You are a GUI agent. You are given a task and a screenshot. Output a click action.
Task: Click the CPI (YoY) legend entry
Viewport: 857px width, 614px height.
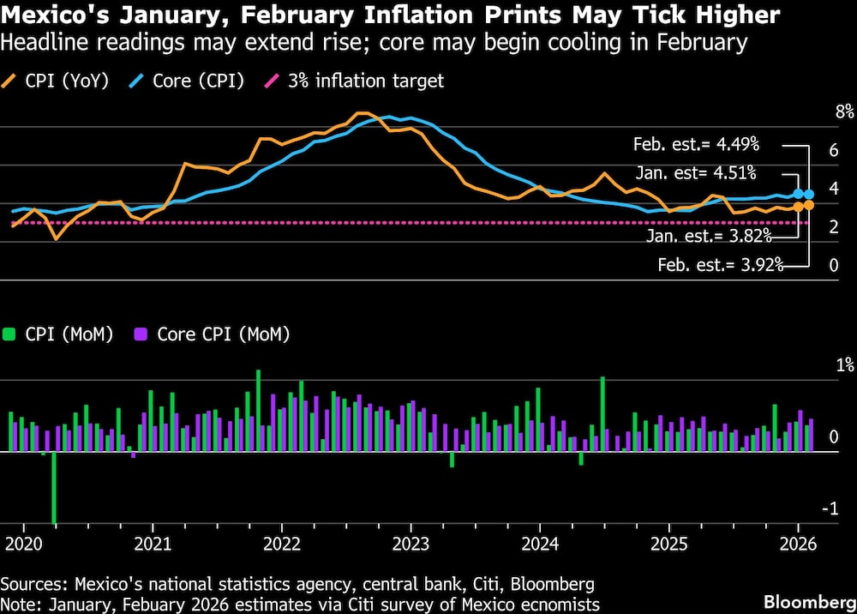[x=60, y=81]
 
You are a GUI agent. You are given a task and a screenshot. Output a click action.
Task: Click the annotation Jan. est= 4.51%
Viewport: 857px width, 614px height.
[x=695, y=173]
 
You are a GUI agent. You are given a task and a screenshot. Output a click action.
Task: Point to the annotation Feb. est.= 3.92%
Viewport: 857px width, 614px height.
[x=721, y=265]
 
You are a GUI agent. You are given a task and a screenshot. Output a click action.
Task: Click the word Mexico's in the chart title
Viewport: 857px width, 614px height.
[x=54, y=15]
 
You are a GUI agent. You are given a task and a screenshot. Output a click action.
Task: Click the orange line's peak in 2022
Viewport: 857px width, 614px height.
[x=363, y=113]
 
